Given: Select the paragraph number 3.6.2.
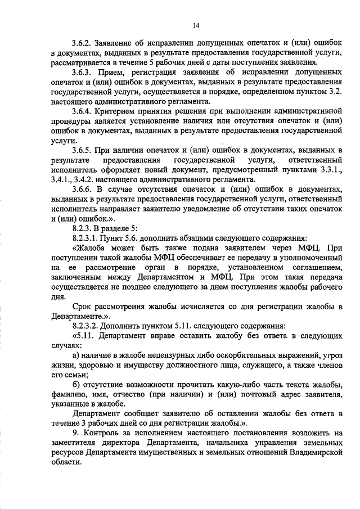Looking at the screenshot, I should pos(82,42).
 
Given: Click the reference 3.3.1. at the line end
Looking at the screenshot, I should pos(331,169).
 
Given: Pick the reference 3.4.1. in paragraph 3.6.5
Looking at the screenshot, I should pos(61,179).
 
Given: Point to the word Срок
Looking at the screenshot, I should pos(82,307).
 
